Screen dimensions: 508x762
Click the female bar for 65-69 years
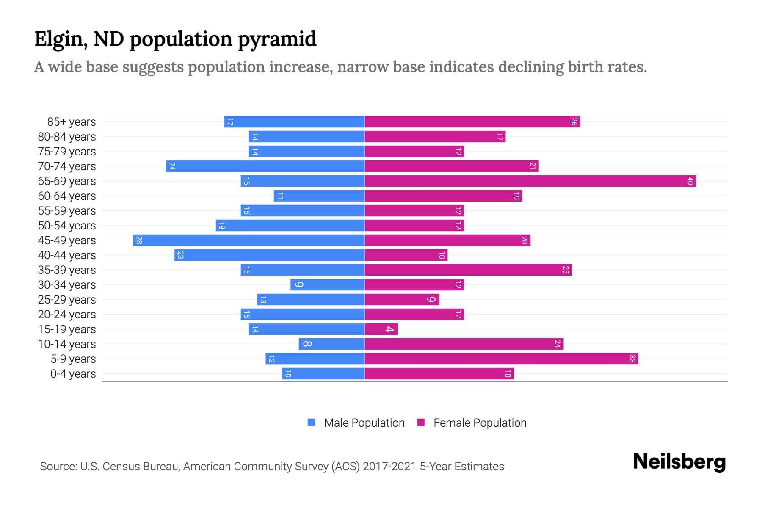(x=530, y=181)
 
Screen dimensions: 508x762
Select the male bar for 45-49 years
(x=249, y=240)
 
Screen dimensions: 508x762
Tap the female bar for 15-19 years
(x=381, y=329)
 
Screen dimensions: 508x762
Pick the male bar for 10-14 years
(x=331, y=344)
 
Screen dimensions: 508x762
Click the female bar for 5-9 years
(x=501, y=359)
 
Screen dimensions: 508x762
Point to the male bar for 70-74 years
(x=265, y=166)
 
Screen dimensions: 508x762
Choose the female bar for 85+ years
(x=472, y=122)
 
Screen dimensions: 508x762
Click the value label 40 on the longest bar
(x=690, y=181)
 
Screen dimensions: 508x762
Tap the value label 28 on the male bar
(x=139, y=240)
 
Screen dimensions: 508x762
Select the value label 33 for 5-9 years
(x=632, y=359)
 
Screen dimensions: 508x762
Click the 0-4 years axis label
(x=73, y=374)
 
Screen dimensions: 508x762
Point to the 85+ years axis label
(x=72, y=122)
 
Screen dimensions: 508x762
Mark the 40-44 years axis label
(x=67, y=255)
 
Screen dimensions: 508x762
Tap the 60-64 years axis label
(x=67, y=196)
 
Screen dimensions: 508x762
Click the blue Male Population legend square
(x=312, y=422)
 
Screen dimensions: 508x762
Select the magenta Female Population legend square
(x=421, y=422)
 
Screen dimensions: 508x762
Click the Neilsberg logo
(x=679, y=462)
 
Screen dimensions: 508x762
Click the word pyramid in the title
(x=277, y=39)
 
